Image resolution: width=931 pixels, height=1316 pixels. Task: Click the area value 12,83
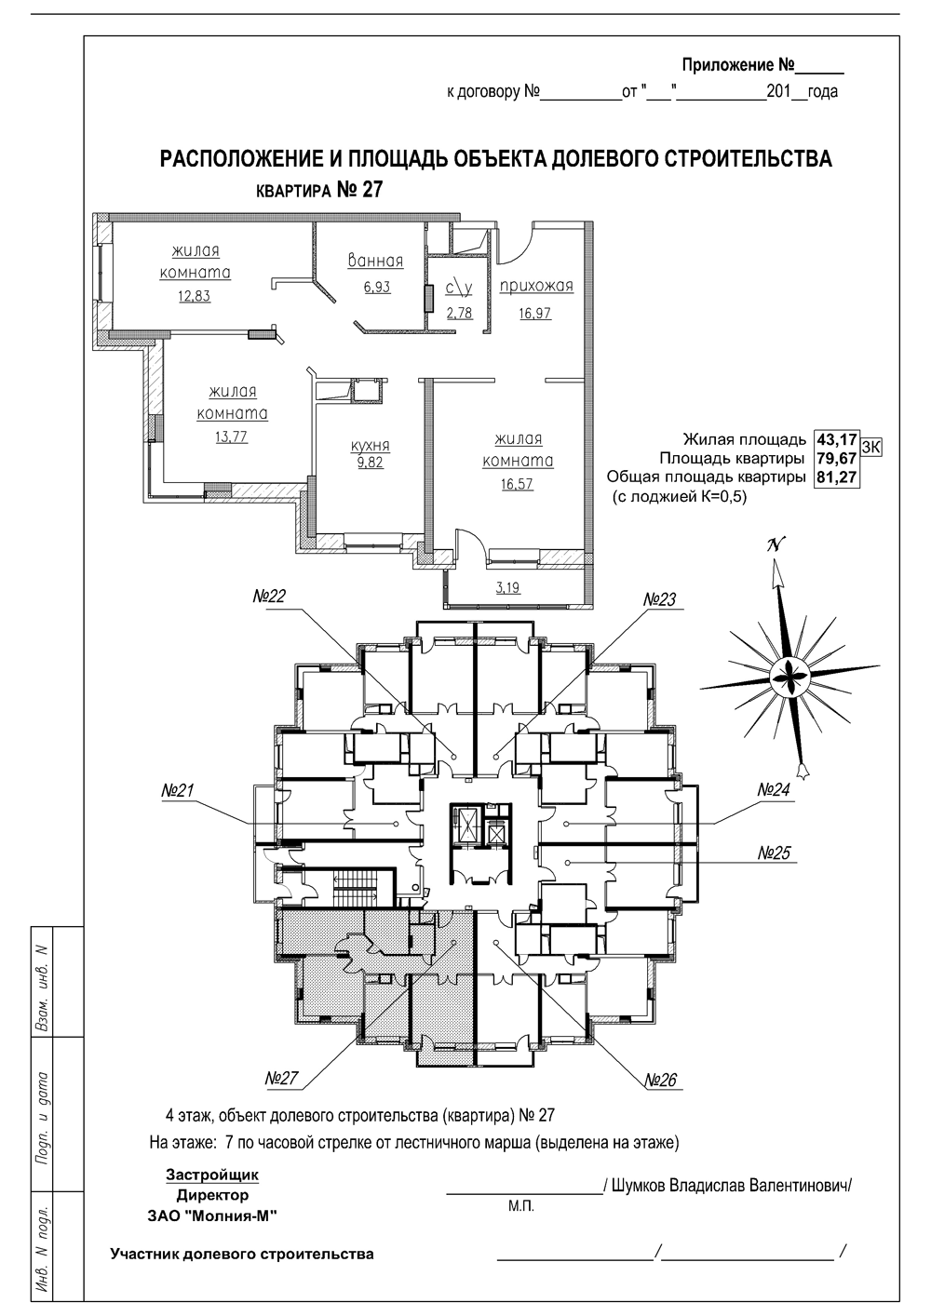(x=195, y=296)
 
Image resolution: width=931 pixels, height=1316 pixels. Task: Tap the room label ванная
(x=375, y=262)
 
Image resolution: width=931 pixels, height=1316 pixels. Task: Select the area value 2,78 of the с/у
(x=460, y=313)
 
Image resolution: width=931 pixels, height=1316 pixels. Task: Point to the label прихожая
(x=536, y=286)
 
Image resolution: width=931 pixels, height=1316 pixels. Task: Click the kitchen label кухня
(x=371, y=445)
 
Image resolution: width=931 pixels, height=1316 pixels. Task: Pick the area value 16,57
(x=518, y=484)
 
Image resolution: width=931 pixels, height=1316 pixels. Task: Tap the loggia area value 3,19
(x=507, y=587)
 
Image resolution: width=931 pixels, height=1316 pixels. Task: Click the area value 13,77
(x=232, y=436)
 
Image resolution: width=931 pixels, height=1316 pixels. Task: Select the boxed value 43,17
(x=836, y=439)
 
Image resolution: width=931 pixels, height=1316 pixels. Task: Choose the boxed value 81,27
(x=836, y=477)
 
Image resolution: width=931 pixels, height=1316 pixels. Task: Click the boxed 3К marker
(x=871, y=447)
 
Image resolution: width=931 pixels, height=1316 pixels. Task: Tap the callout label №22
(x=269, y=597)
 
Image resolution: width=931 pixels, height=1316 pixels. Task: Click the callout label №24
(x=774, y=789)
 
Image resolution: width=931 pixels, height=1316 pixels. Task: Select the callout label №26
(x=661, y=1080)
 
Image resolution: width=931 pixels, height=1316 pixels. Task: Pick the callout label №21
(x=178, y=790)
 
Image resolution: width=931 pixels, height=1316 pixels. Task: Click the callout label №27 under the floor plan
(x=281, y=1079)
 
